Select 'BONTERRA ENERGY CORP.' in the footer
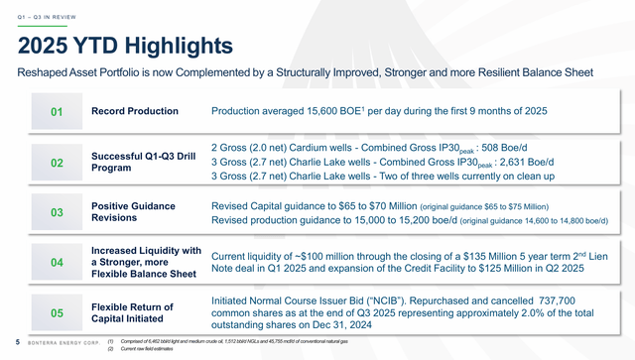tap(63, 343)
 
